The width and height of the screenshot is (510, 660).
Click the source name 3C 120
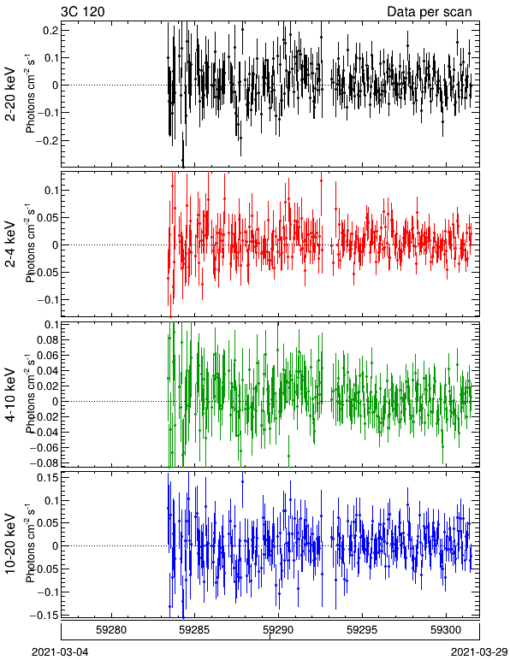coord(83,11)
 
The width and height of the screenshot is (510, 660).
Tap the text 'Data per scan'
coord(430,12)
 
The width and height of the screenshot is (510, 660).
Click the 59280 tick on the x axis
coord(111,630)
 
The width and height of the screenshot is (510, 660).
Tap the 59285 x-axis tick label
coord(195,630)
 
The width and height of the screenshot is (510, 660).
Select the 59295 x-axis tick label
coord(362,630)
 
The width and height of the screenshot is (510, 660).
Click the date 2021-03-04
coord(60,652)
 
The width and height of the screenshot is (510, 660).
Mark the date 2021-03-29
coord(479,652)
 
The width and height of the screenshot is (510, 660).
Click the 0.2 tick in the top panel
coord(50,30)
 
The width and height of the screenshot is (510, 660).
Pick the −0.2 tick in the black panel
coord(47,140)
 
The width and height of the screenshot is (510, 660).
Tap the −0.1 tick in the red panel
coord(47,300)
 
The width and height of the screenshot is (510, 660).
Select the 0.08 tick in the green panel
coord(47,339)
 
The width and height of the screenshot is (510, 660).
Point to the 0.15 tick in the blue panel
coord(47,478)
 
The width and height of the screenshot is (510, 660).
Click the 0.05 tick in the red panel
coord(47,218)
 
